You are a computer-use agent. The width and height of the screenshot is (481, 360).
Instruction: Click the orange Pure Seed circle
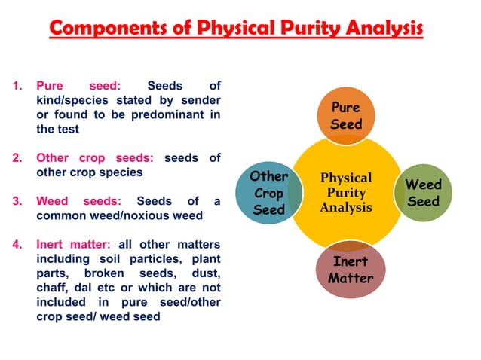coord(346,115)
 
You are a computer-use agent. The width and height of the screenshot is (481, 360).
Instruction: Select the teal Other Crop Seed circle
coord(268,193)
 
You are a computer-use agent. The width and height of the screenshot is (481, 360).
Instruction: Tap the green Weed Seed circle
coord(424,193)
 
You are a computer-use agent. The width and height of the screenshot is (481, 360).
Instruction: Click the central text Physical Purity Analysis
coord(346,193)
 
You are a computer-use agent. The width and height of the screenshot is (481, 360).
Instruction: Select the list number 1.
coord(17,86)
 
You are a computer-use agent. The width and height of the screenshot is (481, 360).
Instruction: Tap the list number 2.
coord(17,158)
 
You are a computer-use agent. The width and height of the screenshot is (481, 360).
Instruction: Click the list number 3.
coord(17,201)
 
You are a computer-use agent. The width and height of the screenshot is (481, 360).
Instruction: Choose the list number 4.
coord(17,245)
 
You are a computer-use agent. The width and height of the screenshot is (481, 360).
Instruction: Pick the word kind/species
coord(72,100)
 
